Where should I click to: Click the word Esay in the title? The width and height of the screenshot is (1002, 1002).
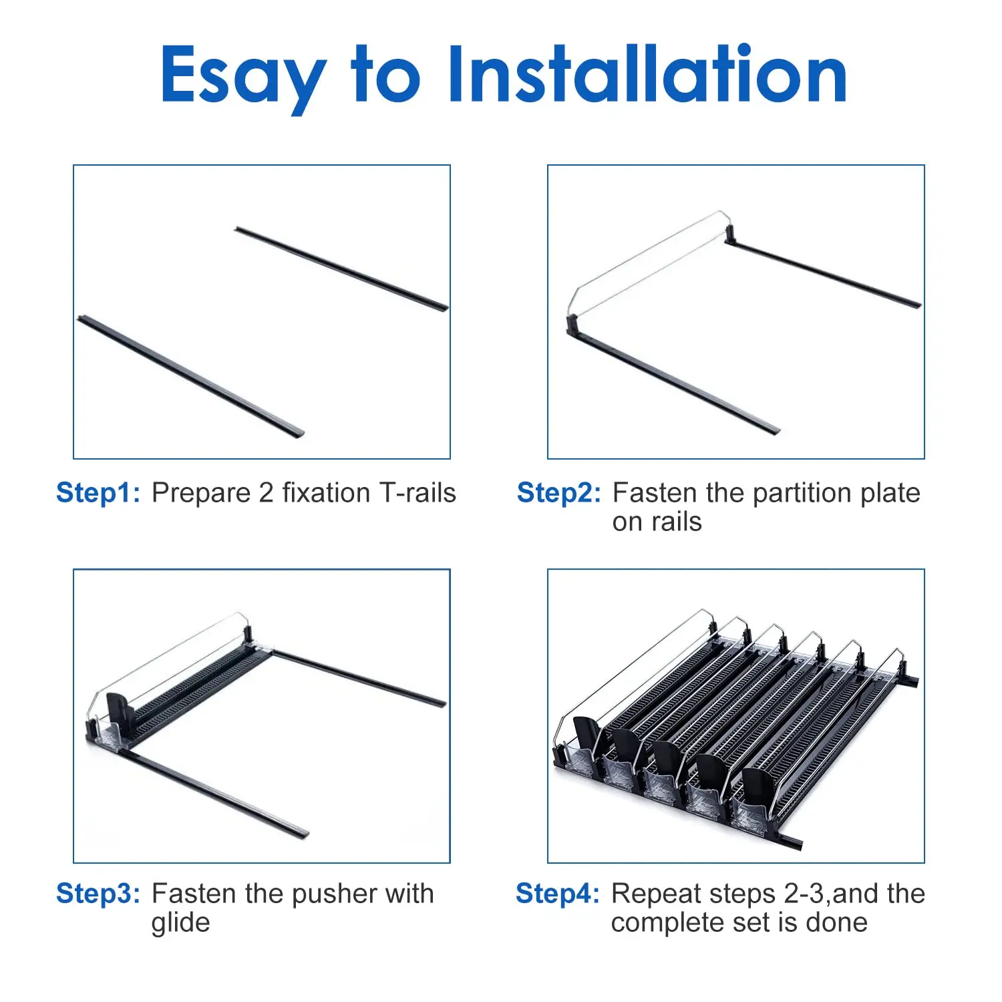click(x=242, y=75)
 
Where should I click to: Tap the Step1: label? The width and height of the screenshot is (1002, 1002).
click(x=98, y=493)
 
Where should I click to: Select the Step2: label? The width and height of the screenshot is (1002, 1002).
click(x=559, y=493)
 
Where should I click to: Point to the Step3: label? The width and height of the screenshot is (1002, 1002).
click(x=98, y=894)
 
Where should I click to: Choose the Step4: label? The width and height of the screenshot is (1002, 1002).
click(x=558, y=894)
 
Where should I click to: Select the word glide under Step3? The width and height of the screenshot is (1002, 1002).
click(x=180, y=923)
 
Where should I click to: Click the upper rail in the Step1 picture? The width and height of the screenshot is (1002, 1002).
click(x=341, y=268)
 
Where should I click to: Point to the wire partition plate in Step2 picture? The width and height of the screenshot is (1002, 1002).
click(x=648, y=261)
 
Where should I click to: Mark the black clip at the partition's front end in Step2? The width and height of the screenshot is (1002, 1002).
click(x=572, y=326)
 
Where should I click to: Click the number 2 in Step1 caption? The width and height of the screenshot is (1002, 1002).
click(x=266, y=493)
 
